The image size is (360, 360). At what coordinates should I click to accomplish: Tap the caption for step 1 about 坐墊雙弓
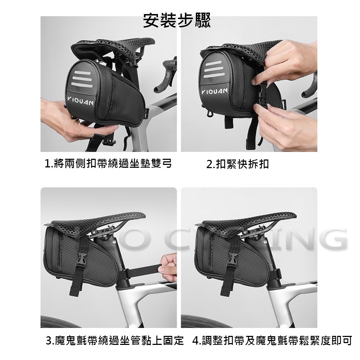pos(108,164)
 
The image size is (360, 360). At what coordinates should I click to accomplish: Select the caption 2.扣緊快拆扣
pos(238,165)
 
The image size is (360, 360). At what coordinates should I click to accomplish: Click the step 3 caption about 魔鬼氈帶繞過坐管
pos(115,340)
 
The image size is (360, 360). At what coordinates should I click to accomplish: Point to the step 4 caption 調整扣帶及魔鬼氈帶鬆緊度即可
pos(272,340)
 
